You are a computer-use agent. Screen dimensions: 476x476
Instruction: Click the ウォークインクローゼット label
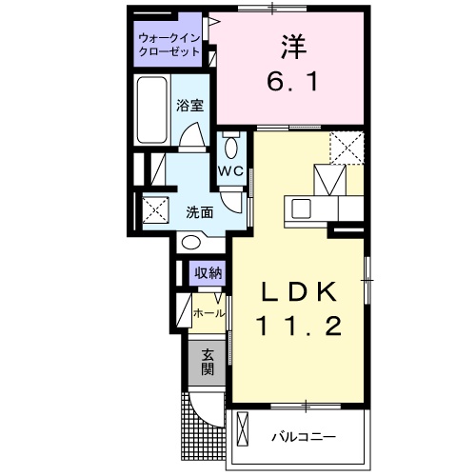[169, 45]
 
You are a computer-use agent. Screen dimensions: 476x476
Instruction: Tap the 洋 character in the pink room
[290, 47]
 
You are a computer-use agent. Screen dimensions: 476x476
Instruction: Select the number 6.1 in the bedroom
[290, 82]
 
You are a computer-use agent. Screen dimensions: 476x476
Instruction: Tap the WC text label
[232, 171]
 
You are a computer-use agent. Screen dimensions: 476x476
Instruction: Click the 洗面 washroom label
[199, 211]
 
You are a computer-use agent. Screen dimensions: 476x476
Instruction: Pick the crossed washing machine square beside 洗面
[155, 208]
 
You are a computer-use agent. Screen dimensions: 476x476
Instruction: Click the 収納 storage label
[208, 273]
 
